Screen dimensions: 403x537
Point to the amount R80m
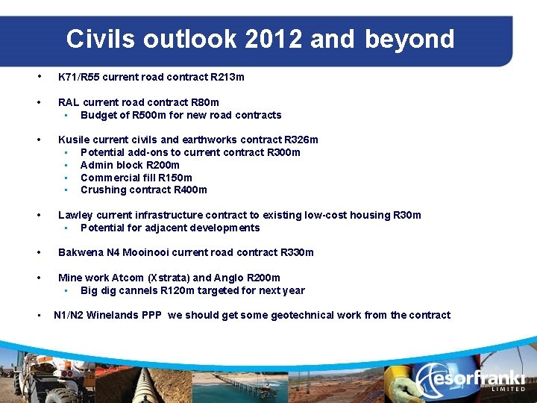pyautogui.click(x=204, y=102)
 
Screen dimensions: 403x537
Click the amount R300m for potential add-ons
pyautogui.click(x=283, y=152)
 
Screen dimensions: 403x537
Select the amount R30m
pyautogui.click(x=406, y=215)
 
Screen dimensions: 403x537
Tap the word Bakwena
pyautogui.click(x=81, y=252)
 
